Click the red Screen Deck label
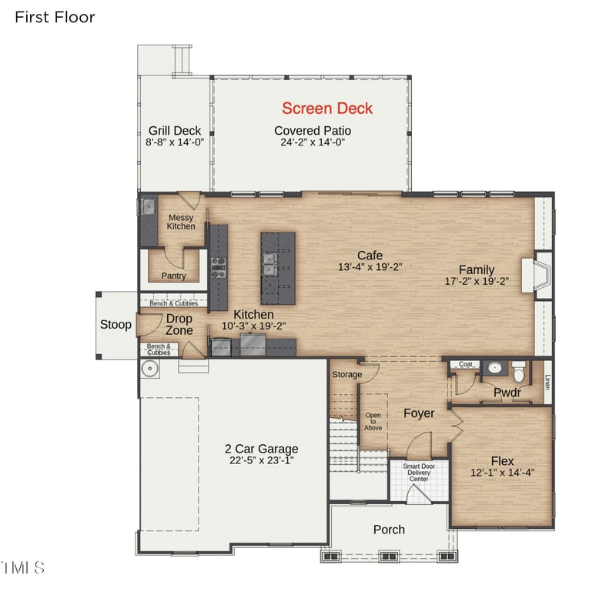tap(327, 109)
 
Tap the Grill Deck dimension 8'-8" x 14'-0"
tap(175, 142)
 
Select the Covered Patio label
tap(313, 130)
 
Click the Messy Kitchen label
tap(181, 222)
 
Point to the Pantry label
tap(173, 276)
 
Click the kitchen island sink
tap(270, 266)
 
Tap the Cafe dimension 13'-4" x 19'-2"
tap(370, 267)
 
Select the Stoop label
tap(115, 325)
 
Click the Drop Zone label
tap(179, 324)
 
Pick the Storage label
tap(346, 375)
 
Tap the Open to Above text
tap(373, 422)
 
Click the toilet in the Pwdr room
tap(519, 374)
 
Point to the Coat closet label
tap(465, 365)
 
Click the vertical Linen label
tap(547, 381)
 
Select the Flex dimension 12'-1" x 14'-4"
tap(502, 473)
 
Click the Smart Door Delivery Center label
tap(419, 473)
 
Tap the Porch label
tap(389, 530)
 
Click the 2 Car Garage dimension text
tap(261, 460)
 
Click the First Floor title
tap(55, 17)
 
